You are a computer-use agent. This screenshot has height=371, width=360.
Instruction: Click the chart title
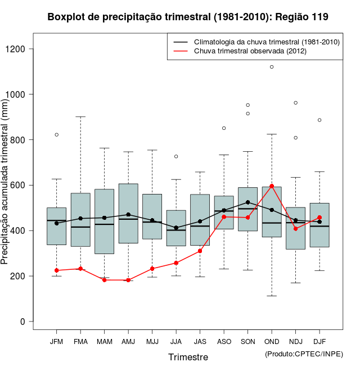coord(188,17)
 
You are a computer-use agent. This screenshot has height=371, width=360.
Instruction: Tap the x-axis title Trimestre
coord(188,357)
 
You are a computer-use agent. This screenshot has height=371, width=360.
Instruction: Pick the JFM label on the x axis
coord(56,341)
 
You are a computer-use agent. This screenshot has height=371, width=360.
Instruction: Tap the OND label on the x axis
coord(272,341)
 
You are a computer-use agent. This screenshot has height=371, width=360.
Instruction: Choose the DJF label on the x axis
coord(319,341)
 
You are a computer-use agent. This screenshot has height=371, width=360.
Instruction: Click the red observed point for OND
coord(272,186)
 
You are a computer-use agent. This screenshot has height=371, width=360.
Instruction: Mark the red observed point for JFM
coord(56,270)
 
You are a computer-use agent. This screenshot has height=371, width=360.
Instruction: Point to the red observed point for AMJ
coord(128,280)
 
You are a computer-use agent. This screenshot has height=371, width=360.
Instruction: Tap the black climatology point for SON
coord(248,202)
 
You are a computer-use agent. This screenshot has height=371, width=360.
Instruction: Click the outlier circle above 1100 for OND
coord(272,67)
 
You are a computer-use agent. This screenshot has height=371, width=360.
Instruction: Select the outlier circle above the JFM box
coord(56,135)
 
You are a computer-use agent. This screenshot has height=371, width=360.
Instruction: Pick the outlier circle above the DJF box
coord(319,120)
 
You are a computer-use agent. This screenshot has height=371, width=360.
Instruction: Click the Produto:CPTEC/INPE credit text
coord(304,354)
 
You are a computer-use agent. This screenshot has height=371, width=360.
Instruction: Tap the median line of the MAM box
coord(104,224)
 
